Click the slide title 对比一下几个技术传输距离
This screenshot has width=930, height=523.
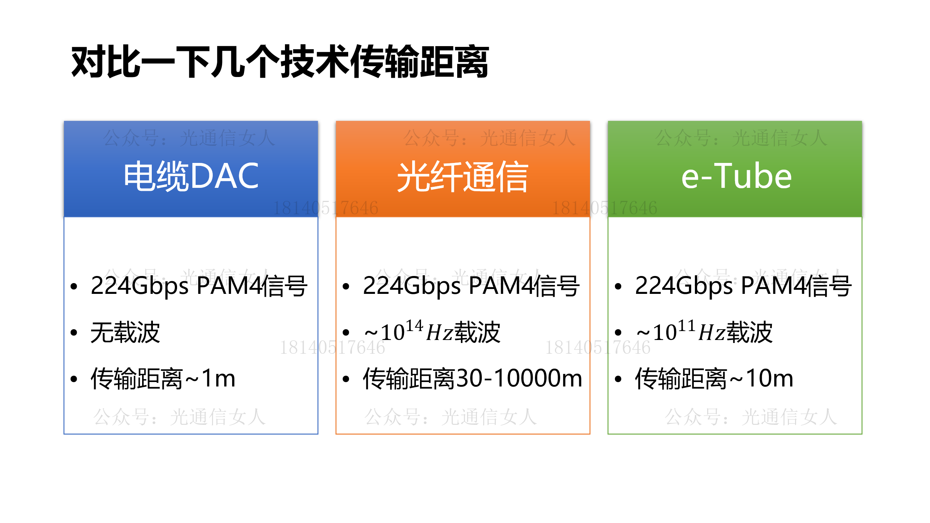tap(280, 62)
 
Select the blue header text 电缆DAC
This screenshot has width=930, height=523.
tap(191, 176)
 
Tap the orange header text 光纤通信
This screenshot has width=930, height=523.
tap(463, 177)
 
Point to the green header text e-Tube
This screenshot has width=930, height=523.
tap(737, 176)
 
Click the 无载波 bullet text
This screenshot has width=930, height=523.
tap(125, 332)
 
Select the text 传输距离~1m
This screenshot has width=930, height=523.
tap(163, 379)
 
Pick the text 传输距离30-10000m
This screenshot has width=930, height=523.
tap(472, 379)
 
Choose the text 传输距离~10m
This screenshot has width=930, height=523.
tap(714, 379)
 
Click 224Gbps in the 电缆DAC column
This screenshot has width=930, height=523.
tap(139, 286)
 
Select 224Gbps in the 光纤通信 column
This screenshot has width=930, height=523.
tap(412, 286)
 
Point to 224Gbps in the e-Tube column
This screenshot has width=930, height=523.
tap(684, 286)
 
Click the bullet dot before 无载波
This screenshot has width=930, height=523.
tap(74, 333)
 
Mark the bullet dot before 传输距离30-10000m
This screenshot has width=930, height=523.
tap(346, 379)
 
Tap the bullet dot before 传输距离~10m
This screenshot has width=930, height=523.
tap(618, 379)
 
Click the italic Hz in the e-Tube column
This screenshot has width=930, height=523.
tap(712, 333)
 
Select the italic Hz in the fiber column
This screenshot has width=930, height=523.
tap(439, 333)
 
